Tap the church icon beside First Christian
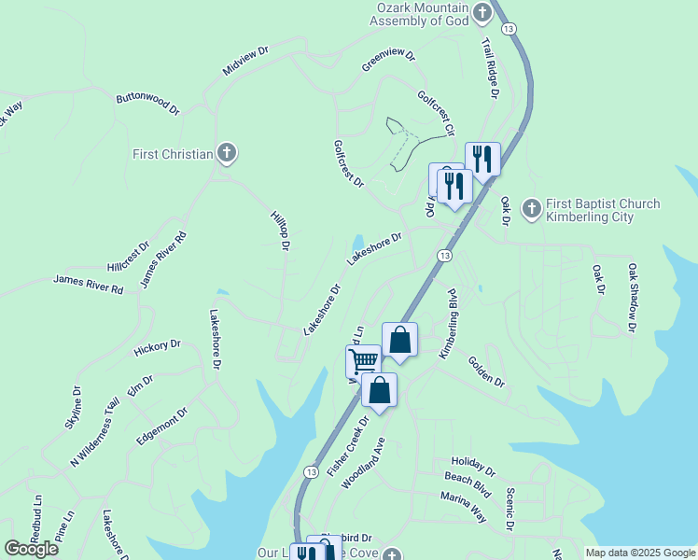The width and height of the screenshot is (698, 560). [226, 153]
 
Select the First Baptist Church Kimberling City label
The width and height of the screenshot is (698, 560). [602, 211]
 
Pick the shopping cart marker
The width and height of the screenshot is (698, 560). [363, 360]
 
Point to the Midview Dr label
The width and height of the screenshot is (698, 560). [245, 63]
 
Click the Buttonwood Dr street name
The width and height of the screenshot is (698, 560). [147, 103]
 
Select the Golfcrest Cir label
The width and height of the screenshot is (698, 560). [436, 112]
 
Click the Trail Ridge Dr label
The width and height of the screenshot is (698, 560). [490, 68]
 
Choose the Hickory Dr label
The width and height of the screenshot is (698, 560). [156, 347]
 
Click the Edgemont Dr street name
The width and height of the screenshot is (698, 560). [162, 424]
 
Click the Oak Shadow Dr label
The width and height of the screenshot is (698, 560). [632, 297]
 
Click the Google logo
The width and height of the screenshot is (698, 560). [32, 548]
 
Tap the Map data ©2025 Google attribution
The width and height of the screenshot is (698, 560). [639, 553]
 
